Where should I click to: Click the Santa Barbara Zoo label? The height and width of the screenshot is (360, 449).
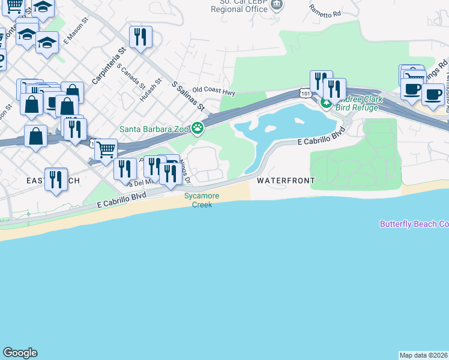154,128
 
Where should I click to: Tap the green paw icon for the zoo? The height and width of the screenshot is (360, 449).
197,128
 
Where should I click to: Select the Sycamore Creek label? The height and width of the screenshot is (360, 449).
202,200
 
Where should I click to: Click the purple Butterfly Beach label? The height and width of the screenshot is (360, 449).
414,224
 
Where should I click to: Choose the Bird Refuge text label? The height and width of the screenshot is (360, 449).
357,107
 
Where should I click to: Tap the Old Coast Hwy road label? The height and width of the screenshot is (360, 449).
214,92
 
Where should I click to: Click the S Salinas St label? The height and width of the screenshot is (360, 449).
188,96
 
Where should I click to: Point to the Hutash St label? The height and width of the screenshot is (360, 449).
151,88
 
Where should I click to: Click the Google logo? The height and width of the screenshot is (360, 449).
20,353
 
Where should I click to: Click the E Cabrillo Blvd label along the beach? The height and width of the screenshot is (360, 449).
122,200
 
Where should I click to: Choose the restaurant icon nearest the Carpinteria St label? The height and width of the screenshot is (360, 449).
140,37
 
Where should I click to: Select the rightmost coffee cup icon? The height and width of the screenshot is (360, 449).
432,94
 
